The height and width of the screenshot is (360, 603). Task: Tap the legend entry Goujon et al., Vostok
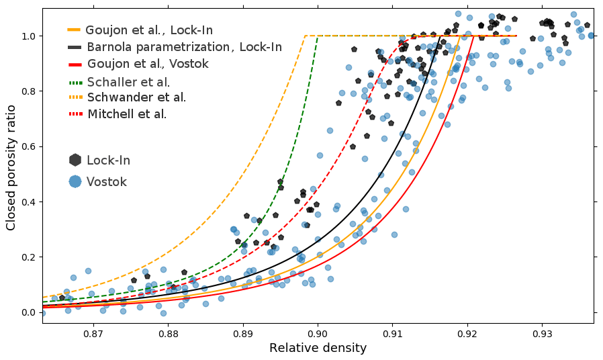148,64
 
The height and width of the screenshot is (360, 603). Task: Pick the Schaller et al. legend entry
128,82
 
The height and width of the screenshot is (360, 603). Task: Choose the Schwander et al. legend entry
136,97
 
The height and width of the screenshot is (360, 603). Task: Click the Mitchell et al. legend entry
127,114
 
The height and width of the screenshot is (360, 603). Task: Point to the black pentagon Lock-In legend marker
75,160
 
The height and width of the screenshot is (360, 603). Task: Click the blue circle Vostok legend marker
75,181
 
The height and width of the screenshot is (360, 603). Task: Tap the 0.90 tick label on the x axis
318,333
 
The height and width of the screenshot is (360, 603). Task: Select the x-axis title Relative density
318,348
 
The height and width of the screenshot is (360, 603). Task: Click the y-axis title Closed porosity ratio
11,162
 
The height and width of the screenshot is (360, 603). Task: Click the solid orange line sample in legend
74,30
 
